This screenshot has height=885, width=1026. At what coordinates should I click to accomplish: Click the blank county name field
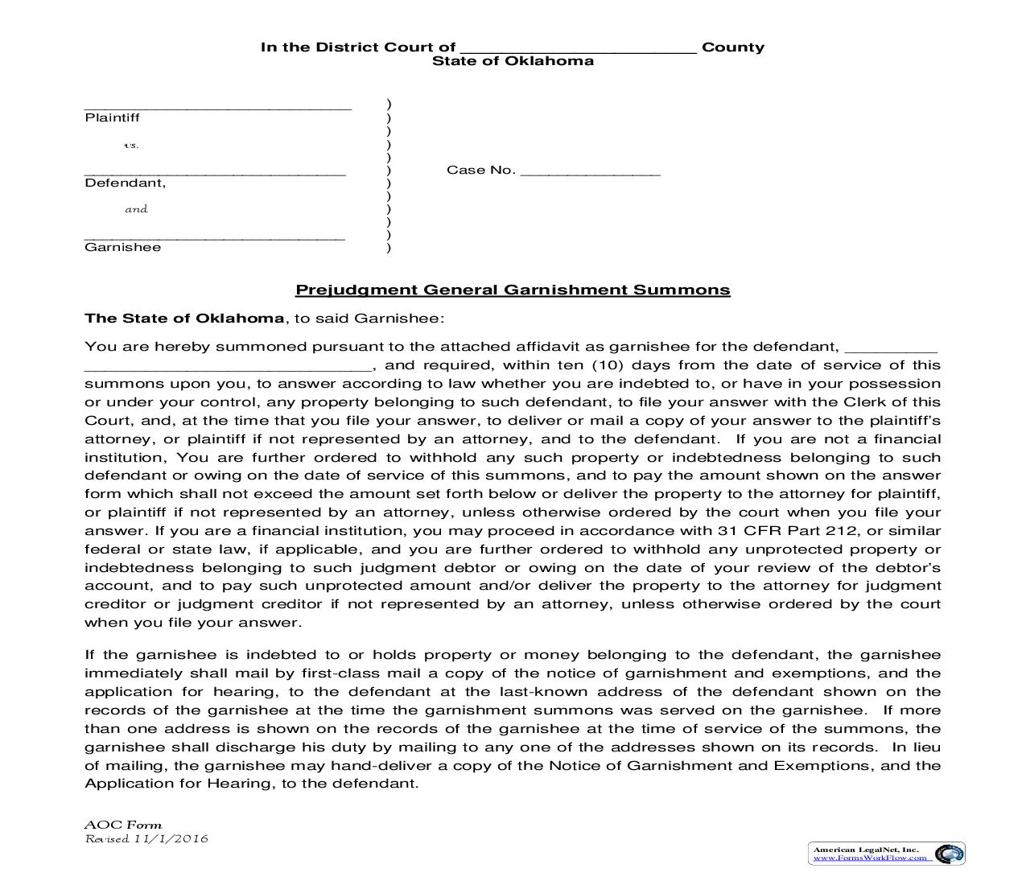click(x=579, y=48)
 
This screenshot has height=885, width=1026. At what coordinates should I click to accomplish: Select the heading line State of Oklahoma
click(x=513, y=61)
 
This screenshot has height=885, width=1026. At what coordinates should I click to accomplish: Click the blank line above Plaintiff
click(x=217, y=105)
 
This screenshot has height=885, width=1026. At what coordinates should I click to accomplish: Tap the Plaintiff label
click(x=112, y=118)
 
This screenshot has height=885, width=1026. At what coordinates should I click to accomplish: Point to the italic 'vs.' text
click(x=131, y=146)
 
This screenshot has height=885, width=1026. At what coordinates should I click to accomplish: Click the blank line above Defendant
click(x=215, y=171)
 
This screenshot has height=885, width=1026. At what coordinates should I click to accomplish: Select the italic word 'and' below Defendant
click(x=136, y=209)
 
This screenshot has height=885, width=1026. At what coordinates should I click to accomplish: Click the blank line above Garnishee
click(x=215, y=236)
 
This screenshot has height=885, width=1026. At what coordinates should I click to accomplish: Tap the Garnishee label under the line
click(x=122, y=248)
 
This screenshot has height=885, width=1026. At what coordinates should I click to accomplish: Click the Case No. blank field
click(x=590, y=171)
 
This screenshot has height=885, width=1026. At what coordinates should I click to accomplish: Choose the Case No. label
click(x=480, y=171)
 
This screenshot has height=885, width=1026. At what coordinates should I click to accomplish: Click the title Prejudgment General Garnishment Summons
click(x=513, y=290)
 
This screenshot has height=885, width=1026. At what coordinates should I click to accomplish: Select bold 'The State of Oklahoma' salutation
click(x=184, y=319)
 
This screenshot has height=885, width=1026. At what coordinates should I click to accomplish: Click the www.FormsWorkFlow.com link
click(x=872, y=858)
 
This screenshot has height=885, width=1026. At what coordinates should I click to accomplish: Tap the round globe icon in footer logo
click(x=950, y=854)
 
